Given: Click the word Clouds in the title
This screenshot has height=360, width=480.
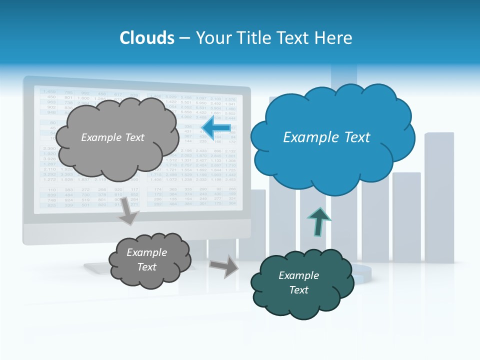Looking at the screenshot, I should (147, 38).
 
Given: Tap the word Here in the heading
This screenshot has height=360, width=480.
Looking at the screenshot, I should (335, 38).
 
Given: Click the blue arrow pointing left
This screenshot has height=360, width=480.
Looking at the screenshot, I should (216, 129).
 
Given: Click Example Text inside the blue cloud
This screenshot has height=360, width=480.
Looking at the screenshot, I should (326, 137).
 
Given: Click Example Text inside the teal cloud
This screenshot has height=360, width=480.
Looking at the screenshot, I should (298, 282).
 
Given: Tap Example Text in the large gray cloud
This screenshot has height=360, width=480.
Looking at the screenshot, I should (112, 137).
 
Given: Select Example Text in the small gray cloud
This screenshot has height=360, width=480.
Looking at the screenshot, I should (146, 259).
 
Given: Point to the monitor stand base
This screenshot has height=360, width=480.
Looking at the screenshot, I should (100, 267).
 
